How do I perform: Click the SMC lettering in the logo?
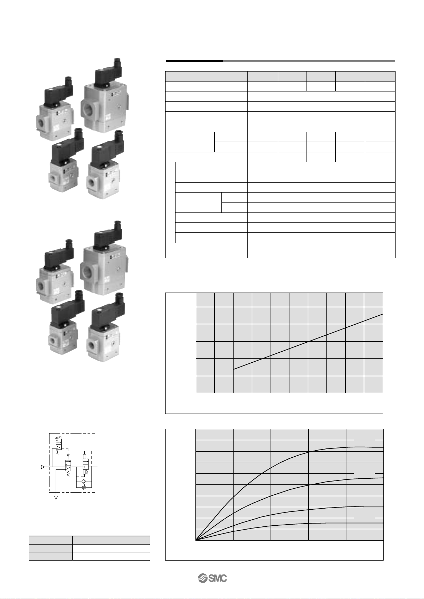pyautogui.click(x=218, y=578)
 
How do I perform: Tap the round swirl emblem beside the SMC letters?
pyautogui.click(x=203, y=578)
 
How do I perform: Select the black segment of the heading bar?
pyautogui.click(x=194, y=61)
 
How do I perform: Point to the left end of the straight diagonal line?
pyautogui.click(x=233, y=369)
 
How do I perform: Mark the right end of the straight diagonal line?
pyautogui.click(x=383, y=314)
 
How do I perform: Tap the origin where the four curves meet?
pyautogui.click(x=196, y=540)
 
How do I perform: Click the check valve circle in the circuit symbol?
pyautogui.click(x=83, y=481)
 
